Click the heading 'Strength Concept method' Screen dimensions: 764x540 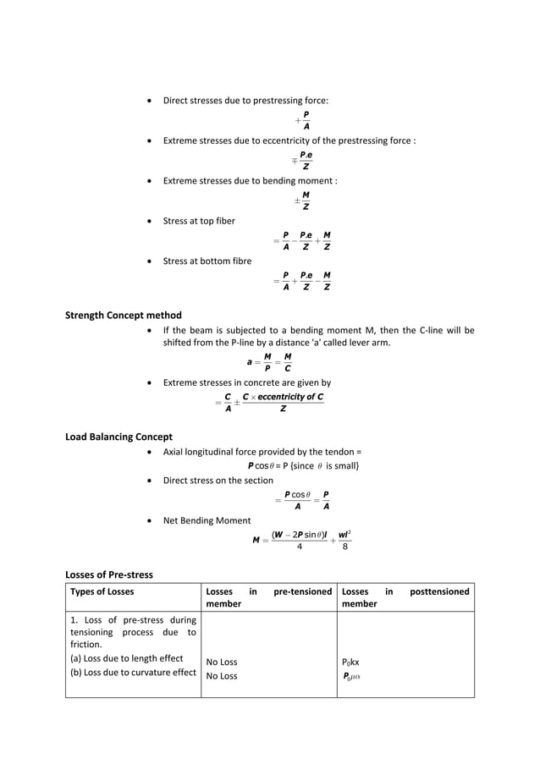pos(124,316)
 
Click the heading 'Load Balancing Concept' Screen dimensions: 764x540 pos(118,437)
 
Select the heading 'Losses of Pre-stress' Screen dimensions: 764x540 pos(109,575)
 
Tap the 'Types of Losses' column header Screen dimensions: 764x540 pos(102,591)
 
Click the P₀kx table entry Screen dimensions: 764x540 pos(350,662)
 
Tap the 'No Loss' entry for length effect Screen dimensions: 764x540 pos(222,662)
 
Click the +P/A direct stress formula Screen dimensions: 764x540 pos(302,120)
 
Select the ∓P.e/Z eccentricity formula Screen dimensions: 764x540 pos(302,160)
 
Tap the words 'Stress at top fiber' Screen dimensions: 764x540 pos(199,221)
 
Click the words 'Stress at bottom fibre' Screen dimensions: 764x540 pos(207,261)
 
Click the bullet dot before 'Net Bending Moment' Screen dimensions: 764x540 pos(150,520)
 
